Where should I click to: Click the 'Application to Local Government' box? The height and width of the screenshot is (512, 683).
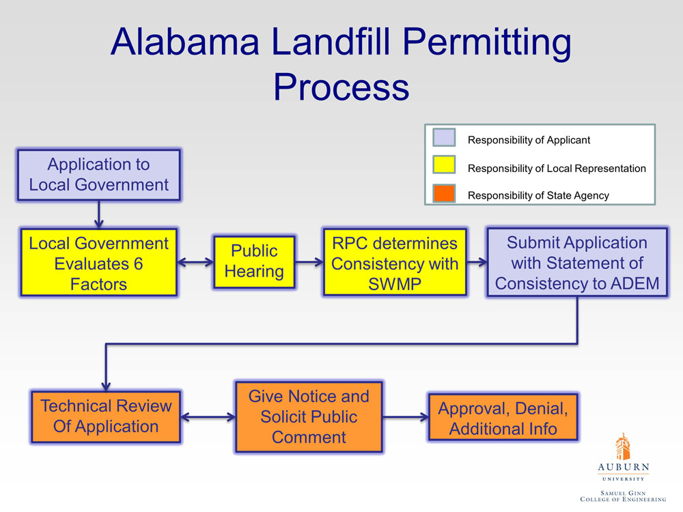coord(99,175)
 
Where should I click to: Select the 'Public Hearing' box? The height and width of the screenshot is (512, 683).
coord(254,261)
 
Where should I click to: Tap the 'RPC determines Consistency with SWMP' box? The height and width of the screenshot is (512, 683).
coord(395,262)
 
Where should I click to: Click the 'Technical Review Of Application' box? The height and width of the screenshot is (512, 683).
coord(106,416)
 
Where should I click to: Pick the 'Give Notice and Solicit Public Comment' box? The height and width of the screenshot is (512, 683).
coord(309,417)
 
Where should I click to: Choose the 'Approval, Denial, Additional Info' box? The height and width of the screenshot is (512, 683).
coord(503,417)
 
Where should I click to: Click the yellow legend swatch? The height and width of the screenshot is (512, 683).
coord(444,165)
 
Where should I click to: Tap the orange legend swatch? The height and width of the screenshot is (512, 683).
coord(444,193)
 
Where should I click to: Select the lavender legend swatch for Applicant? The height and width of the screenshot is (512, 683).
coord(444,138)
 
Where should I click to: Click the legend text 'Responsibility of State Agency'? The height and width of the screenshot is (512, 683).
coord(538,195)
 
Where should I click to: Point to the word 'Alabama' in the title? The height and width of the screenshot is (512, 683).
coord(186,42)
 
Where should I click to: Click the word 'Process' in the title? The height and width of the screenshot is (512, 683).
coord(341,87)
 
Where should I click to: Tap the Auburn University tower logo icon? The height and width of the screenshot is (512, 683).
coord(623,446)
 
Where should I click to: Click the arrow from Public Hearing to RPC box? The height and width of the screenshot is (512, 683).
coord(309,262)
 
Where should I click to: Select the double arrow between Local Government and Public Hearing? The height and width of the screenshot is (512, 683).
coord(195,262)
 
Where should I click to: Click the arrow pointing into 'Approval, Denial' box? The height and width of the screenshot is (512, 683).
coord(406,417)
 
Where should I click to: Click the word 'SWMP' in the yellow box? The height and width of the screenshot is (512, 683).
coord(395,284)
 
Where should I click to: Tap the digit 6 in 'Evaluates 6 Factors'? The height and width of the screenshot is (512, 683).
coord(138,264)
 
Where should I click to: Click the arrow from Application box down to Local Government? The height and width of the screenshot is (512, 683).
coord(99,214)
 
